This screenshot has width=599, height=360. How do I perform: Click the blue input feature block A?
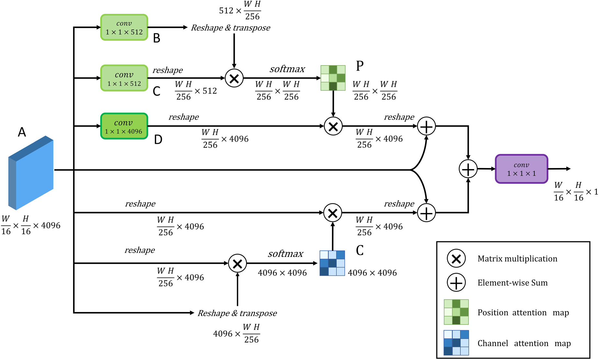click(x=31, y=173)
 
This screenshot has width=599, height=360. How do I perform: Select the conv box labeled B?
click(x=124, y=28)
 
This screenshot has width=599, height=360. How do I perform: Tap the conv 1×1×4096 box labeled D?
click(x=124, y=126)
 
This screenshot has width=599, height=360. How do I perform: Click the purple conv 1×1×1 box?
click(x=522, y=169)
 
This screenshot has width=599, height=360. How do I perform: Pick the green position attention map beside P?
click(x=333, y=78)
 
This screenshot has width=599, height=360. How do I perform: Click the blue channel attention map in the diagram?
click(x=332, y=263)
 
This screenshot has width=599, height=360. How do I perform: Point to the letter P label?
click(x=360, y=66)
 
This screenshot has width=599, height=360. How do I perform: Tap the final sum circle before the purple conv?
click(x=468, y=169)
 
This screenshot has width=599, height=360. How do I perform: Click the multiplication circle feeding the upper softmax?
click(x=234, y=78)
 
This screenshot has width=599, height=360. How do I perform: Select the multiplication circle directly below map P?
click(x=333, y=126)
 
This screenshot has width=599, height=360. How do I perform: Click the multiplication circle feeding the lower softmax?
click(x=237, y=264)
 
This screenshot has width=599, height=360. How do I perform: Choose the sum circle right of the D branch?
click(x=426, y=126)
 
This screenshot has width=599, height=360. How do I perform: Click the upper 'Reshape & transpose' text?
click(x=231, y=28)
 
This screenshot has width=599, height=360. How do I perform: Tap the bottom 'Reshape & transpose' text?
click(x=237, y=313)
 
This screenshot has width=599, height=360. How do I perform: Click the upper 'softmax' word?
click(x=287, y=69)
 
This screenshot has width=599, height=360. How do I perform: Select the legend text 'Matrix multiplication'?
click(x=517, y=259)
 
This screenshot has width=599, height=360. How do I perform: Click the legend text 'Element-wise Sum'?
click(x=513, y=283)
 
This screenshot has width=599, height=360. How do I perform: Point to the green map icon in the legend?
click(x=456, y=312)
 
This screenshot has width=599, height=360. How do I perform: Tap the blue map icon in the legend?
click(x=456, y=343)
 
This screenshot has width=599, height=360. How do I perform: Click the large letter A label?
click(x=22, y=132)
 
